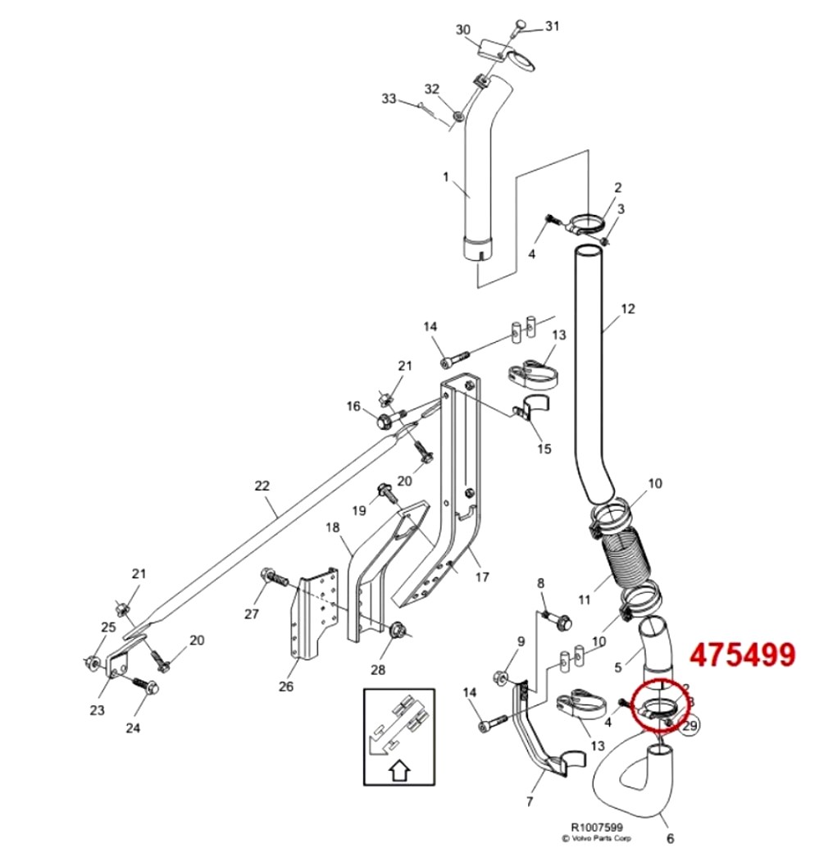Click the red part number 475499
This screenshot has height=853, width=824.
pos(742,655)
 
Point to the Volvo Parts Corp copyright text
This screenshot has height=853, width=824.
pos(596,839)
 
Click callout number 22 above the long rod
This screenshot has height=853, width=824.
pos(262,486)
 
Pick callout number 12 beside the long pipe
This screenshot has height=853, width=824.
pos(628,309)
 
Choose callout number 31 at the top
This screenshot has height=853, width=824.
pos(552,26)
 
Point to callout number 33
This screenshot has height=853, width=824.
pos(389,99)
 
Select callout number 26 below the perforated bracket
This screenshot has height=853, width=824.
pos(285,686)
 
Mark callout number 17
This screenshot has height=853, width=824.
pos(482,577)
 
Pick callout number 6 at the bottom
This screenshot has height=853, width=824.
pos(670,838)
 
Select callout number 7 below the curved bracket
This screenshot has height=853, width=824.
pos(530,801)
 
